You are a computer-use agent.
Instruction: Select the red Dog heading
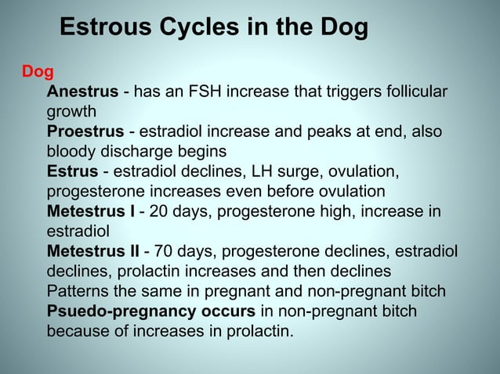coord(38,73)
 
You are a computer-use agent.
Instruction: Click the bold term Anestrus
coord(83,93)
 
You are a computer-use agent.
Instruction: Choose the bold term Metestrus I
coord(91,211)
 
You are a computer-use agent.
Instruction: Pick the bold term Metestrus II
coord(93,251)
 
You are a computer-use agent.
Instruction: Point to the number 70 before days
coord(165,251)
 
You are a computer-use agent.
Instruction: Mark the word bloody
coord(71,152)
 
